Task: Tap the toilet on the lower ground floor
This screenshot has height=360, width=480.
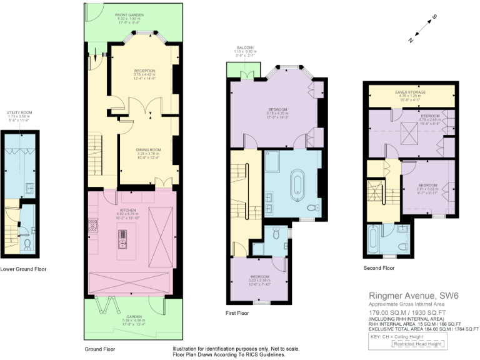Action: coord(27,244)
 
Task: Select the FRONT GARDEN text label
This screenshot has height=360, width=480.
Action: coord(129,14)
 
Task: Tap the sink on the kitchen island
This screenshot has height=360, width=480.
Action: coord(122,235)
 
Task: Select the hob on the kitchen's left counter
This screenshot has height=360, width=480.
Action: coord(94,224)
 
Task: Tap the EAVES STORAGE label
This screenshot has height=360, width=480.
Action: coord(410,92)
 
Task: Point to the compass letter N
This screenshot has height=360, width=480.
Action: coord(411,39)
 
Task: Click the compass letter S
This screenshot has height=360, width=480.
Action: coord(435,17)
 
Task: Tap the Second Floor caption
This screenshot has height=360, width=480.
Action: coord(379,268)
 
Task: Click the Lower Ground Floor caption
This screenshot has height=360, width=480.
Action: coord(23,269)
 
